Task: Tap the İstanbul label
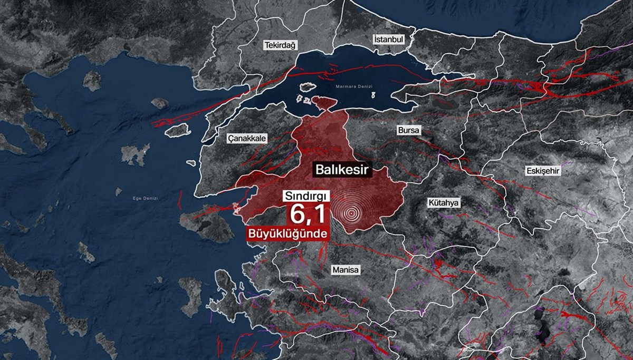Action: pyautogui.click(x=388, y=40)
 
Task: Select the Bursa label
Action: pyautogui.click(x=408, y=130)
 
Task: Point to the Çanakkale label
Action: pyautogui.click(x=247, y=138)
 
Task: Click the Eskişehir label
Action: pyautogui.click(x=542, y=171)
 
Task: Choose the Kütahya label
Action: pyautogui.click(x=444, y=202)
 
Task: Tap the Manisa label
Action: pyautogui.click(x=346, y=270)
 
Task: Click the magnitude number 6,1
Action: pyautogui.click(x=308, y=215)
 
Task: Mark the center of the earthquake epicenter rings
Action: pyautogui.click(x=351, y=213)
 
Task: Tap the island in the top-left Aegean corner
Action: pyautogui.click(x=92, y=80)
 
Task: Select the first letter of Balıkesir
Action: pyautogui.click(x=320, y=170)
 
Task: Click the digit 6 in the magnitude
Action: pyautogui.click(x=296, y=215)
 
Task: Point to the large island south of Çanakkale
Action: pyautogui.click(x=207, y=223)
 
